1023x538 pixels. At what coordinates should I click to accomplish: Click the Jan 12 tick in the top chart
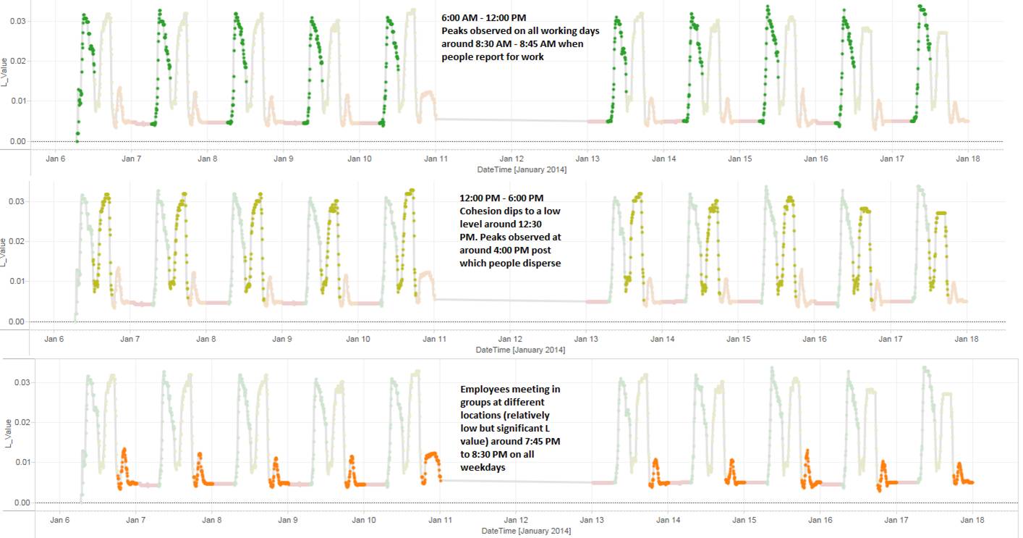click(x=511, y=159)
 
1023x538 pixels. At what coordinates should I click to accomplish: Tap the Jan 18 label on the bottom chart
click(x=972, y=520)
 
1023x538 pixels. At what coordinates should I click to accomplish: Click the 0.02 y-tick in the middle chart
click(x=15, y=241)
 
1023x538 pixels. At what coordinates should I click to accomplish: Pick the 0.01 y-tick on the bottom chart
click(x=15, y=462)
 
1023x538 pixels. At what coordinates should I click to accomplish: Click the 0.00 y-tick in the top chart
click(x=15, y=141)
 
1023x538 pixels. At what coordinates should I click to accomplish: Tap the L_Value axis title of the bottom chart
click(x=5, y=433)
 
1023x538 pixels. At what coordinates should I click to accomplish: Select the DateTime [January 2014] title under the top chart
click(x=521, y=170)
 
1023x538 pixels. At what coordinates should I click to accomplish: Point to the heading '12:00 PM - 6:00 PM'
click(x=501, y=198)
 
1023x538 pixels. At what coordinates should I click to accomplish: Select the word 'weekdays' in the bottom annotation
click(x=483, y=468)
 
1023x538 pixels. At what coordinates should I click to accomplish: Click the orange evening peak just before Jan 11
click(x=432, y=454)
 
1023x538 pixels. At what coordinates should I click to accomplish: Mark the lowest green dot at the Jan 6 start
click(x=77, y=140)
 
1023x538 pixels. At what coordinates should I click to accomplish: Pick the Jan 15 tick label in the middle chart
click(x=738, y=338)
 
